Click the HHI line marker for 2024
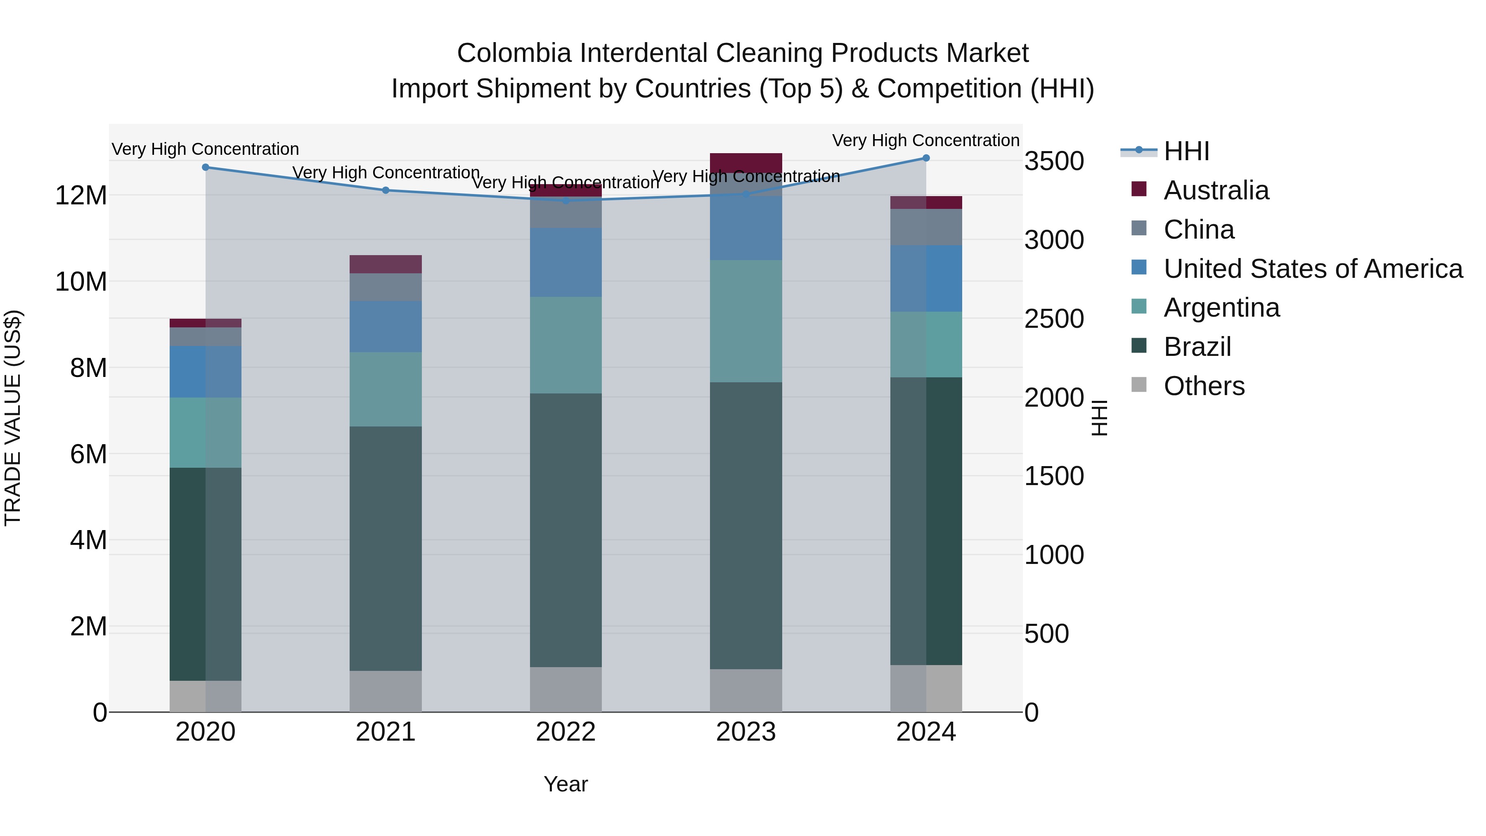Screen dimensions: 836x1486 point(926,158)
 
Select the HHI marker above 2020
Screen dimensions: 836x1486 point(206,167)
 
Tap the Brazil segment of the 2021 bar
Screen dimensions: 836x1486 point(386,548)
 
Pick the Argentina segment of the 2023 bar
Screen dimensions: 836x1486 point(745,321)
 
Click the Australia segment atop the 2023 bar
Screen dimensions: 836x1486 point(745,162)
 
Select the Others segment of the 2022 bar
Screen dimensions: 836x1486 point(566,689)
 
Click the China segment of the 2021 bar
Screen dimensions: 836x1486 point(386,287)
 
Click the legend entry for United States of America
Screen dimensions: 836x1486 point(1312,269)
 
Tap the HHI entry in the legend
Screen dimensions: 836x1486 point(1185,151)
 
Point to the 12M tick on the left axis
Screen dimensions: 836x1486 point(81,196)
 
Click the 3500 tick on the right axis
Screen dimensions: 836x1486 point(1054,161)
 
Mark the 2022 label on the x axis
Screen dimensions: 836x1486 point(566,732)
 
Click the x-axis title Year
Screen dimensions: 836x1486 point(566,784)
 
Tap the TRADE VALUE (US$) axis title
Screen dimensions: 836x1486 point(13,418)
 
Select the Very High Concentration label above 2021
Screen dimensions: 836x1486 point(386,173)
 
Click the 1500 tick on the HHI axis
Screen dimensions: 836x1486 point(1054,476)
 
